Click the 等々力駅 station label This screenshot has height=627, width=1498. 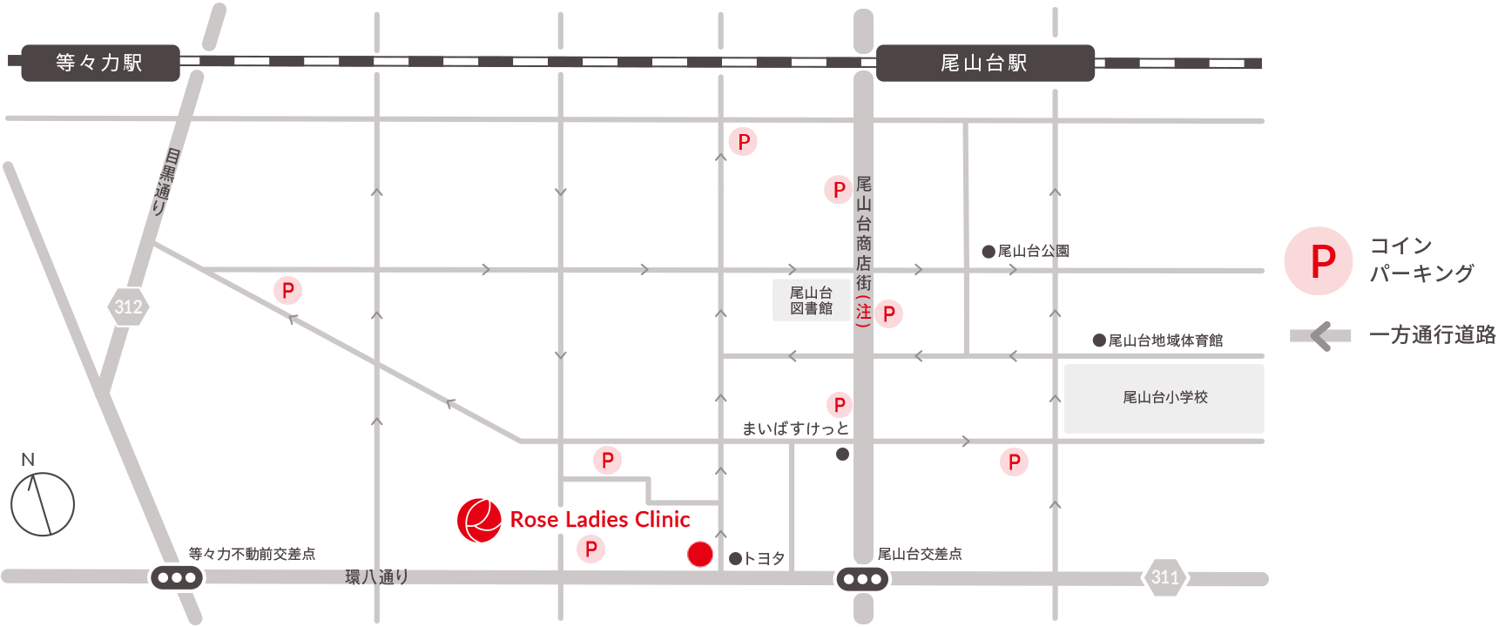click(100, 63)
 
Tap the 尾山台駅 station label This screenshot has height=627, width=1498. click(984, 63)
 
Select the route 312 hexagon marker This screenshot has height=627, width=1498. click(128, 307)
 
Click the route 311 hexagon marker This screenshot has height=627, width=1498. click(1165, 577)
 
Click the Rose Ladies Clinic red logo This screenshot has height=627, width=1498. click(479, 521)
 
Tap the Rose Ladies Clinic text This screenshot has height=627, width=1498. click(600, 520)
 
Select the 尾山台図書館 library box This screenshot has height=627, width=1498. click(811, 300)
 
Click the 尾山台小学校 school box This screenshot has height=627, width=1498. click(1164, 398)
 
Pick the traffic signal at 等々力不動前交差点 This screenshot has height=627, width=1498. click(177, 577)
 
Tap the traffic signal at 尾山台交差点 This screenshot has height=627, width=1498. click(862, 579)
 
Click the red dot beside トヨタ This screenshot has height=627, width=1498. click(700, 554)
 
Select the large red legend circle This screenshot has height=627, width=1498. click(1318, 260)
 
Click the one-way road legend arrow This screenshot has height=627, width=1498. click(1320, 335)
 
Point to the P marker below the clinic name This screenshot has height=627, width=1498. click(590, 549)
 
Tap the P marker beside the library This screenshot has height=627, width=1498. click(888, 314)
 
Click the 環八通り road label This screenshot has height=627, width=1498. click(376, 576)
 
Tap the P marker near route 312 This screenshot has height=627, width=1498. click(288, 290)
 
